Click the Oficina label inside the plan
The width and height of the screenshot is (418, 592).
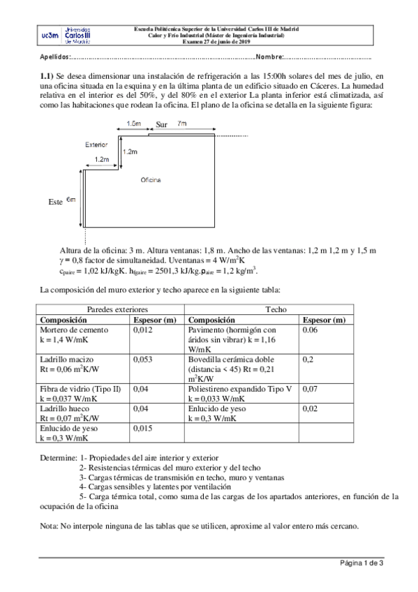(150, 179)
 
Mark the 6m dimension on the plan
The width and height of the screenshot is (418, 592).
(70, 200)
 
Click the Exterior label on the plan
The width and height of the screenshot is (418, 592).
(96, 145)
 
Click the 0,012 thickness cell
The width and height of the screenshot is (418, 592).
(142, 330)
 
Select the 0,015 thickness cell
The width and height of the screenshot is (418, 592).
(142, 428)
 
